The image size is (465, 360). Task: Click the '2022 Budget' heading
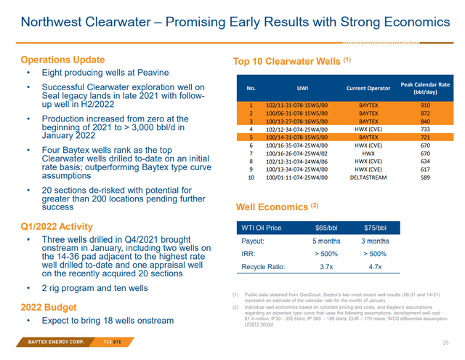[x=49, y=308]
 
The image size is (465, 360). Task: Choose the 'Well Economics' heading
[x=271, y=206]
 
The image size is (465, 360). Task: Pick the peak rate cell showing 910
[x=425, y=105]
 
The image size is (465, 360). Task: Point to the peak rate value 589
[x=425, y=177]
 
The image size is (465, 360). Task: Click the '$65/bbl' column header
[x=326, y=228]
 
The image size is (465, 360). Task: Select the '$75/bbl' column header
[x=375, y=228]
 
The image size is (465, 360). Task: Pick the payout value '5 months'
[x=326, y=241]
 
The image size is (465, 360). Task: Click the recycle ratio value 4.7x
[x=375, y=267]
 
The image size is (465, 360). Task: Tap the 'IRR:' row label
[x=249, y=255]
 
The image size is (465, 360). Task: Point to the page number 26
[x=445, y=342]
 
